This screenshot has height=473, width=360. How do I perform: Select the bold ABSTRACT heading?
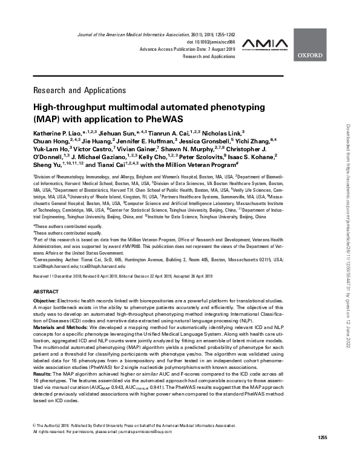point(47,292)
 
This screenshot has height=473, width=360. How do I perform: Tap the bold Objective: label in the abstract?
point(45,301)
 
